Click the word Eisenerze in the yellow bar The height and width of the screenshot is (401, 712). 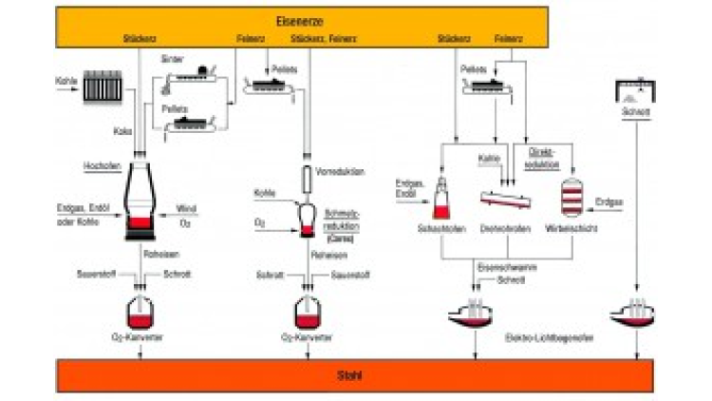(x=356, y=17)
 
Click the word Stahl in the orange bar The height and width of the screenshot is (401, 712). (x=353, y=376)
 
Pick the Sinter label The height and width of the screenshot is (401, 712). (x=172, y=58)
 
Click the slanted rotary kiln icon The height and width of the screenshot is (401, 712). (x=504, y=200)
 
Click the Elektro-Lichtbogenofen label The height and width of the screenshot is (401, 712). (x=541, y=336)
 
